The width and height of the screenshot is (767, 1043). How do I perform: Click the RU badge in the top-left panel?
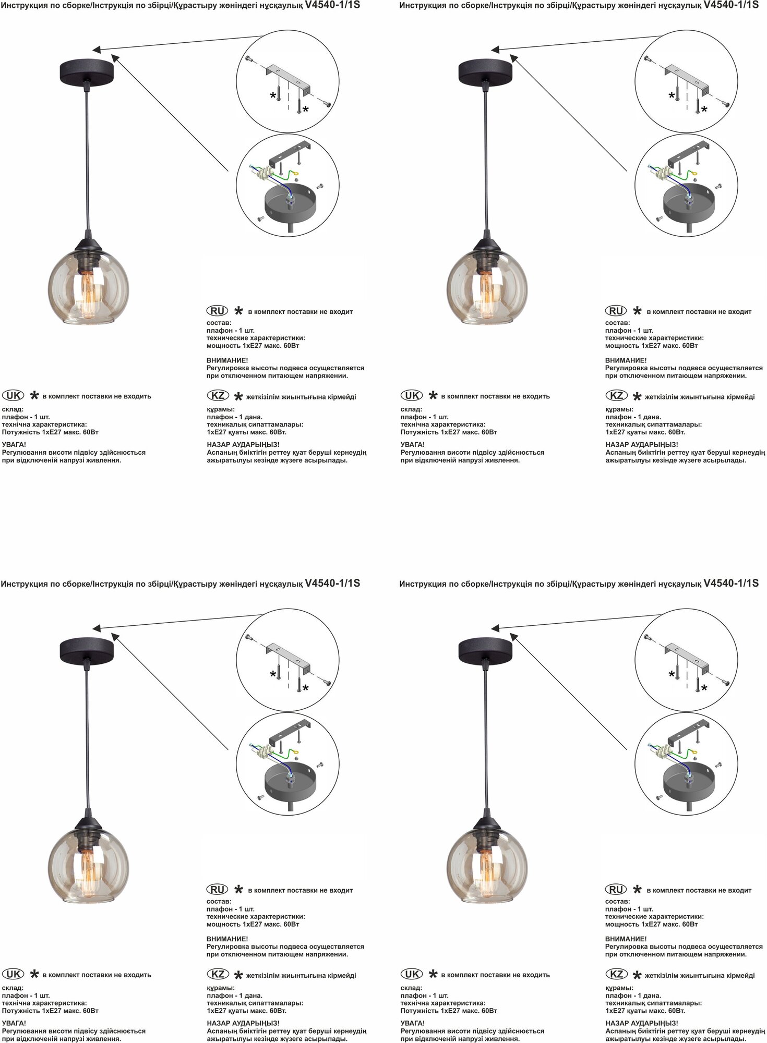coord(217,311)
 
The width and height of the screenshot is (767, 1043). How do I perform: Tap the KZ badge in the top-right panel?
coord(616,396)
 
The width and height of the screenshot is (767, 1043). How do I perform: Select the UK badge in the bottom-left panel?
coord(13,974)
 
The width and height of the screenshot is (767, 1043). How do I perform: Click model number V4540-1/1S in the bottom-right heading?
coord(730,584)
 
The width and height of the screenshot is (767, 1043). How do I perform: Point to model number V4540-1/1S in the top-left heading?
coord(332,5)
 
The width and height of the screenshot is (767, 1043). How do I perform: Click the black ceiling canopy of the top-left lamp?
coord(87,69)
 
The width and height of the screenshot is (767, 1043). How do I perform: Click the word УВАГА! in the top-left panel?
coord(14,444)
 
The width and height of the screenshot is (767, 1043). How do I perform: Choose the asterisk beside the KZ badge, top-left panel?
coord(238,396)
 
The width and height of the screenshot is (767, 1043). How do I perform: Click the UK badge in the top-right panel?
coord(412,395)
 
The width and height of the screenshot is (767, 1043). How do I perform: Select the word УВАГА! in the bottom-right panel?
coord(413,1023)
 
